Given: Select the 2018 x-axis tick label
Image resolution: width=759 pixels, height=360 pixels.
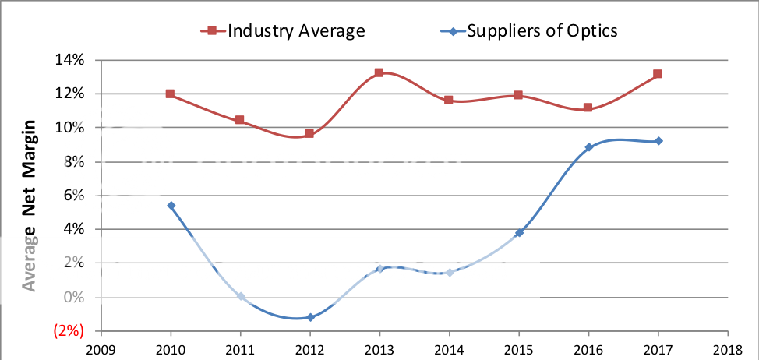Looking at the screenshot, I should tap(728, 350).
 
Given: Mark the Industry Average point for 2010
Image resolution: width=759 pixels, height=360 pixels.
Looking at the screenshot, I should tap(171, 94).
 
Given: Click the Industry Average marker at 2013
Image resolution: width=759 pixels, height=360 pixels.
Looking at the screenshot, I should tap(379, 72).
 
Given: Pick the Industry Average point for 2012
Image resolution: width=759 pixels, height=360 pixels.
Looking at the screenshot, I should tap(309, 133).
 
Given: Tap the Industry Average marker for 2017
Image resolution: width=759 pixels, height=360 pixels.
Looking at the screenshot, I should tap(658, 74).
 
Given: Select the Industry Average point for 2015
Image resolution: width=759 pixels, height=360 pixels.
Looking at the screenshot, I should tap(519, 95).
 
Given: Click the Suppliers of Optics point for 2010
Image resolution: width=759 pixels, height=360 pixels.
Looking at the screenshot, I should tap(171, 206).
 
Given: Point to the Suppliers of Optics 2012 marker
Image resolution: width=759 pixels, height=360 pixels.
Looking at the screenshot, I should tap(310, 317).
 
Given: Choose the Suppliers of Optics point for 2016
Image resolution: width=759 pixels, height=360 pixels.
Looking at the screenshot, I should tap(589, 146).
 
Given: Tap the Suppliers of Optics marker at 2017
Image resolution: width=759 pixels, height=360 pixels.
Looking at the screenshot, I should tap(658, 141).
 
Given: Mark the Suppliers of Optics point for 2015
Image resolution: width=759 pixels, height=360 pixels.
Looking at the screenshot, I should tap(519, 232).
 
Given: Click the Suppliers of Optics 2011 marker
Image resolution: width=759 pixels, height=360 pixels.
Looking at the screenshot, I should tap(241, 296).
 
